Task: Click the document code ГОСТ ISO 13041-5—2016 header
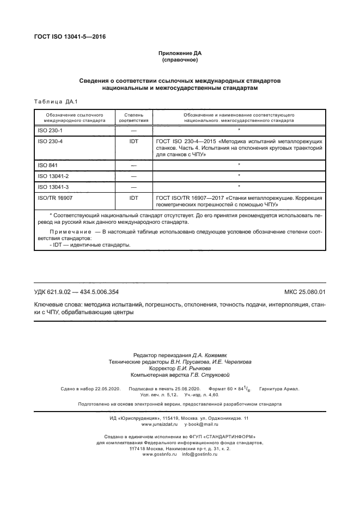point(69,37)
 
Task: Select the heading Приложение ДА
point(179,53)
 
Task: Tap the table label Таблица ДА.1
point(57,101)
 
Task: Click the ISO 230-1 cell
point(50,131)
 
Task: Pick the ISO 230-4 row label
point(50,140)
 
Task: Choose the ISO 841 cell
point(48,164)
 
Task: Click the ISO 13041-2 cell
point(53,175)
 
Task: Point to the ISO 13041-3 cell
point(53,186)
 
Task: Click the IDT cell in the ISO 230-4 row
point(133,140)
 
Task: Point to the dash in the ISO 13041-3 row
point(133,186)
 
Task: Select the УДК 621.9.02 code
point(54,292)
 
